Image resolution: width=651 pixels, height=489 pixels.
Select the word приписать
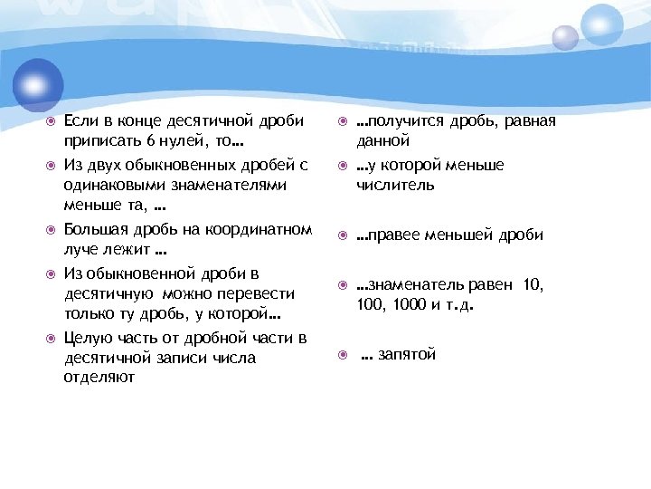tap(101, 142)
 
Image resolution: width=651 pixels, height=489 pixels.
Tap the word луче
tap(80, 249)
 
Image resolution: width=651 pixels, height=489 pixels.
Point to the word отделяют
tap(99, 378)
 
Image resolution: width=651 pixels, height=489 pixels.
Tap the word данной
tap(382, 142)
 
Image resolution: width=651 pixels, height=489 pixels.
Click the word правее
tap(392, 235)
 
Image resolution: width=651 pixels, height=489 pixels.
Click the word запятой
tap(408, 354)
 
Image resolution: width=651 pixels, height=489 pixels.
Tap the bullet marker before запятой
tap(341, 355)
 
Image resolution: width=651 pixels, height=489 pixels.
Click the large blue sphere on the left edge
tap(35, 84)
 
